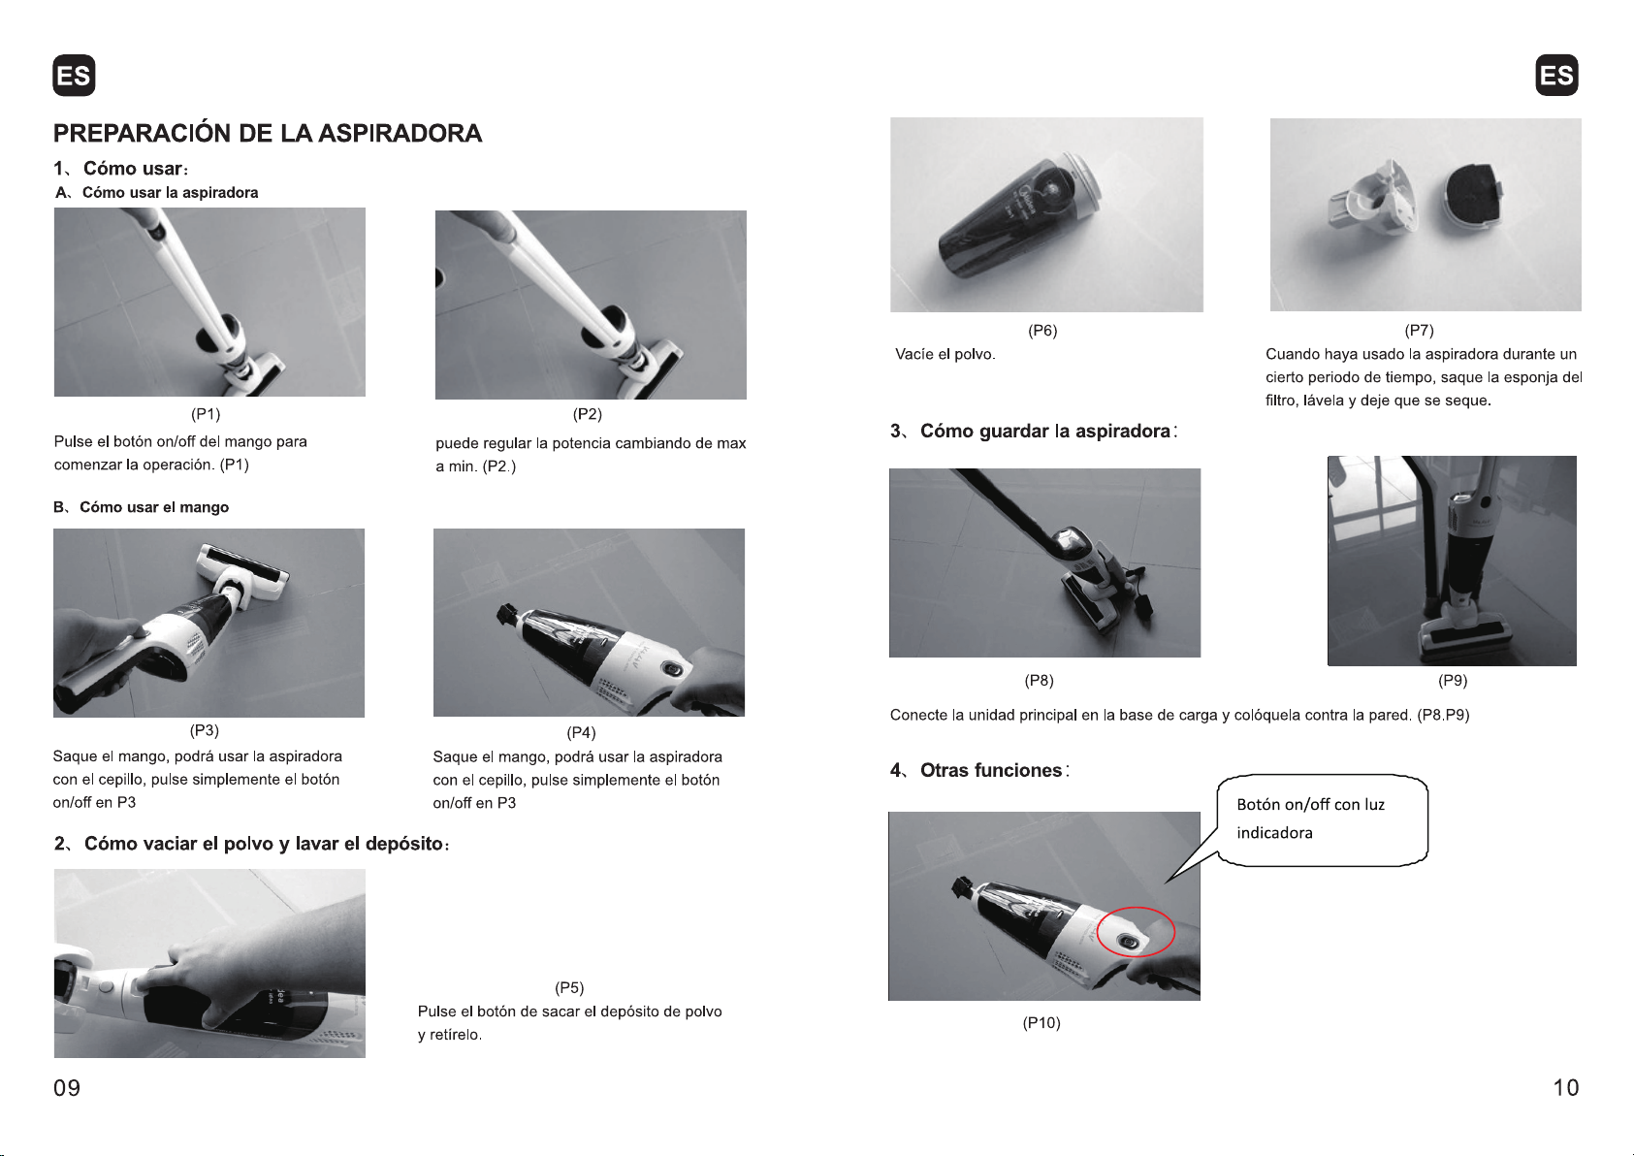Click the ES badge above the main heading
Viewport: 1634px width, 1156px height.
(x=74, y=75)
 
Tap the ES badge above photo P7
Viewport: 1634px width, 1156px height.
(x=1556, y=75)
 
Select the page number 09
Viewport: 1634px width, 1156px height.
(x=67, y=1087)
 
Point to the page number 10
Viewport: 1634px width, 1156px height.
(x=1565, y=1087)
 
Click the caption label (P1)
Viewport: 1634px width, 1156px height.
(x=206, y=414)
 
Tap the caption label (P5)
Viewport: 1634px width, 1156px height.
(x=569, y=987)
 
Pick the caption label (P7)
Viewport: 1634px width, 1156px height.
(x=1420, y=331)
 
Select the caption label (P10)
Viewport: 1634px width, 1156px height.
(x=1041, y=1022)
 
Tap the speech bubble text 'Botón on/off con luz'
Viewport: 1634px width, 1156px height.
(x=1311, y=805)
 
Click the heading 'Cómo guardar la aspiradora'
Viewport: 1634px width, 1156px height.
(x=1045, y=431)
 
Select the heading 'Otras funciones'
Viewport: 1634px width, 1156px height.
(x=991, y=770)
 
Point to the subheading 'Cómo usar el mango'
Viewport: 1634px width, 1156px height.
(x=154, y=507)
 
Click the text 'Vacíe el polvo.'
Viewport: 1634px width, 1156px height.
(x=945, y=354)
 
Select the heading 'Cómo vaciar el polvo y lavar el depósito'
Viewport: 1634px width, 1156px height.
(x=264, y=844)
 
